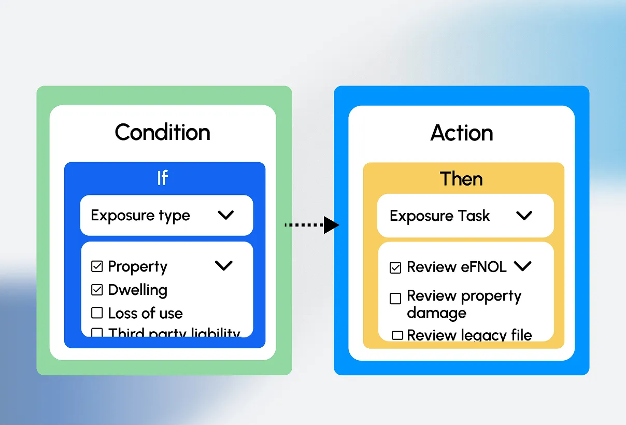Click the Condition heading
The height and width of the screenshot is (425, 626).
point(163,132)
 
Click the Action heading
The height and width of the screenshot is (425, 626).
point(462,133)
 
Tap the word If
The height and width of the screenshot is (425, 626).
point(162,178)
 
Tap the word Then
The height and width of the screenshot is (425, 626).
point(461,179)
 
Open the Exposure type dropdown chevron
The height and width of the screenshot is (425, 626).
point(226,215)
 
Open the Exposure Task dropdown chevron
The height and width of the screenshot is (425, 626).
point(524,216)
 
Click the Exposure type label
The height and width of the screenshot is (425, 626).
point(140,216)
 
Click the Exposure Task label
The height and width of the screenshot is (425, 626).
point(439,216)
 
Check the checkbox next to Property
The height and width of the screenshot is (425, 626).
point(97,266)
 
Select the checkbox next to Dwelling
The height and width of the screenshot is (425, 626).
point(97,290)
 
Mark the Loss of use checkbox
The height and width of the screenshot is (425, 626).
point(97,313)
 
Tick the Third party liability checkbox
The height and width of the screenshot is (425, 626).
point(97,332)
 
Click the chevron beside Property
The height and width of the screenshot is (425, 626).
point(224,265)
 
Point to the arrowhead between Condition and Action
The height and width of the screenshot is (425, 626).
point(331,225)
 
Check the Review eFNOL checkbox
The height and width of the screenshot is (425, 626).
point(395,267)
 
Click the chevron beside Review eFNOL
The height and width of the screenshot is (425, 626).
point(522,266)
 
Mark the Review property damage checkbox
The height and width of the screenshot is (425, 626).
point(395,299)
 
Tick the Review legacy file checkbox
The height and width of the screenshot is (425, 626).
point(397,335)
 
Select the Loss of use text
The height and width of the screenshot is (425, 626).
point(145,313)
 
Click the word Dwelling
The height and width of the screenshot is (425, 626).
point(137,290)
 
